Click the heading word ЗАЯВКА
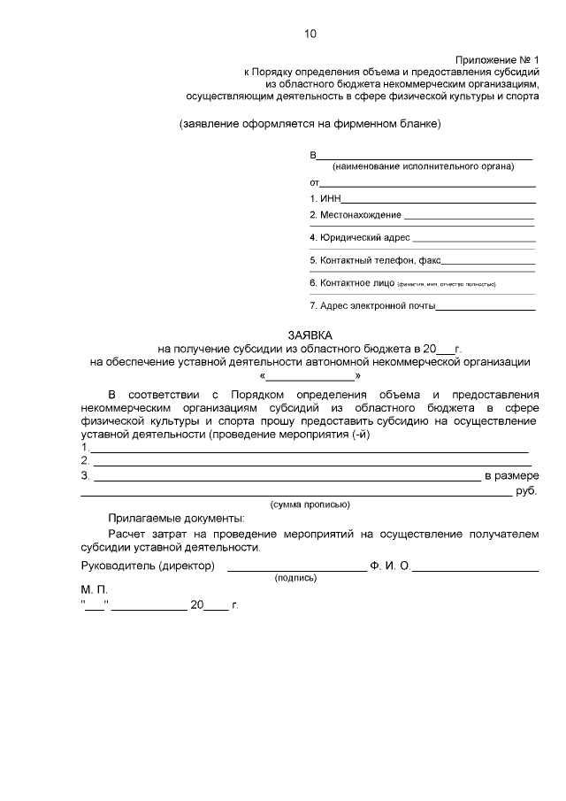309,335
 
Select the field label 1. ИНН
325,199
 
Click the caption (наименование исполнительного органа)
422,166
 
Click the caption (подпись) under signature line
296,577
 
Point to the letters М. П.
94,589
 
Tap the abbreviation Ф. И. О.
390,565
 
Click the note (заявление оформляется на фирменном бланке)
310,123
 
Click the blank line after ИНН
440,201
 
